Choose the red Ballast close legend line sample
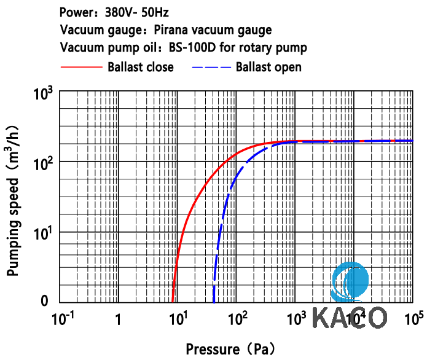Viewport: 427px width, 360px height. click(81, 66)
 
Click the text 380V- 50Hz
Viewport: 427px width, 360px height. click(137, 11)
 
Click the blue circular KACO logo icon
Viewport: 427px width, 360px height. click(350, 283)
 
